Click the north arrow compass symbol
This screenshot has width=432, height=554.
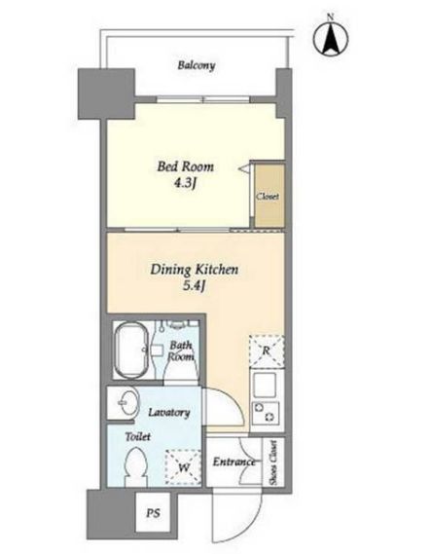pos(331,38)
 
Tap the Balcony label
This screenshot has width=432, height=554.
pos(197,65)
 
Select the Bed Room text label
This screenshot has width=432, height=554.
pos(185,166)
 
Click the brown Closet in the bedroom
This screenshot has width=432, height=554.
pos(270,196)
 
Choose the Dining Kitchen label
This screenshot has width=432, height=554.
pos(195,270)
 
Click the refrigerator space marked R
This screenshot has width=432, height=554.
pos(267,351)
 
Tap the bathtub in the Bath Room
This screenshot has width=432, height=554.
pos(131,350)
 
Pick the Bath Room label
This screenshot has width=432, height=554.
pos(181,351)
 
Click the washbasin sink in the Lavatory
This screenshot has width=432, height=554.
pos(126,402)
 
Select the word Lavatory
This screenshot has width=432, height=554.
pos(169,412)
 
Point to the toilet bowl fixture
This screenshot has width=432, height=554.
pos(136,466)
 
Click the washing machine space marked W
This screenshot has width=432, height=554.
pos(183,467)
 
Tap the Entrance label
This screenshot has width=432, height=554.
pos(234,462)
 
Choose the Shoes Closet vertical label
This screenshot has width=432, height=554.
pos(273,462)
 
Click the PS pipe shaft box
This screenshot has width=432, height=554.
pos(153,512)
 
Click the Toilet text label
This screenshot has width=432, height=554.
pos(138,437)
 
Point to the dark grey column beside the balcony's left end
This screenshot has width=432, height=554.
pos(106,93)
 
